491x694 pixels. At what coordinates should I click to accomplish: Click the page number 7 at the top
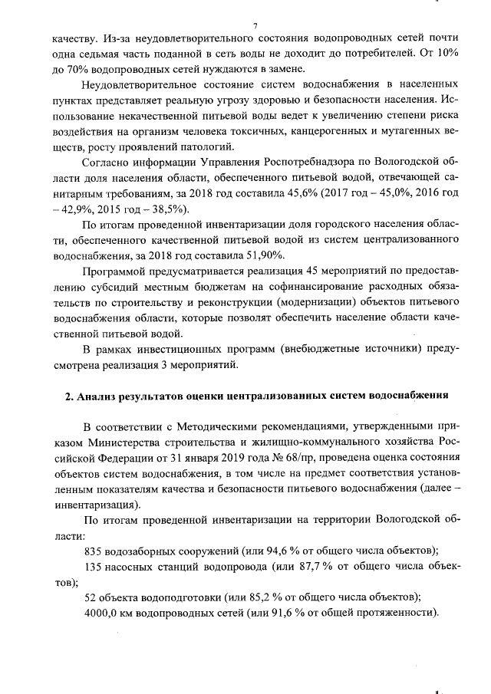pyautogui.click(x=255, y=26)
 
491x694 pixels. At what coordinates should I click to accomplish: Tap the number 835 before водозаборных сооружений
pyautogui.click(x=93, y=551)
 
